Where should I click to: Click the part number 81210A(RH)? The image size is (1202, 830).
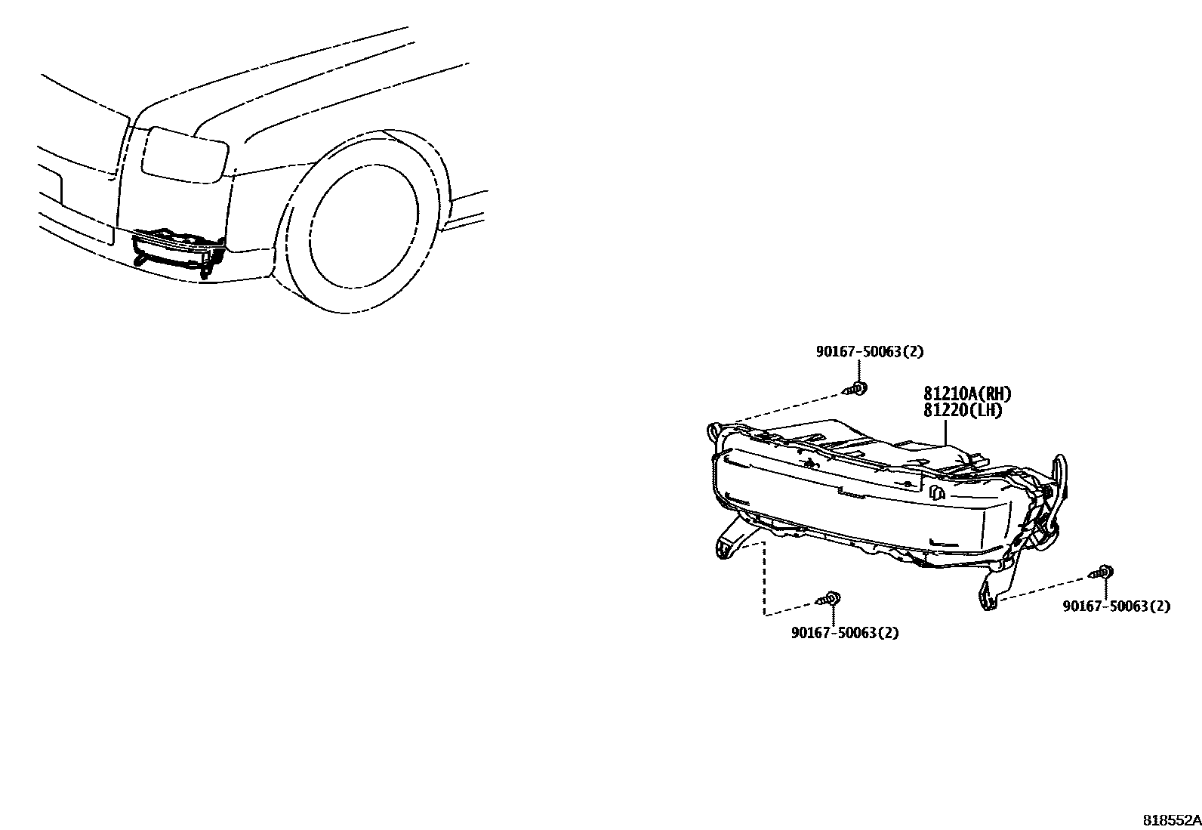[x=966, y=393]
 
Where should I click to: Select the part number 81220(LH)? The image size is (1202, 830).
[x=962, y=410]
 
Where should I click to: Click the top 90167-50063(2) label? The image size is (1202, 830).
[x=869, y=351]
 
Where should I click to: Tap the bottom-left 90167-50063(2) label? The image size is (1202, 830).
[x=845, y=633]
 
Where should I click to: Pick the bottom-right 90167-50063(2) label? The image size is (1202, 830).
[x=1117, y=606]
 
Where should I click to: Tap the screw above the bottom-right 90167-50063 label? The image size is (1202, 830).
[x=1103, y=572]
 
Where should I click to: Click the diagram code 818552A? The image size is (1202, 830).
[x=1170, y=820]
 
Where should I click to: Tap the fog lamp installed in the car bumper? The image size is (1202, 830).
[x=178, y=249]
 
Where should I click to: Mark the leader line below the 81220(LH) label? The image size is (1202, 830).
[x=946, y=433]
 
